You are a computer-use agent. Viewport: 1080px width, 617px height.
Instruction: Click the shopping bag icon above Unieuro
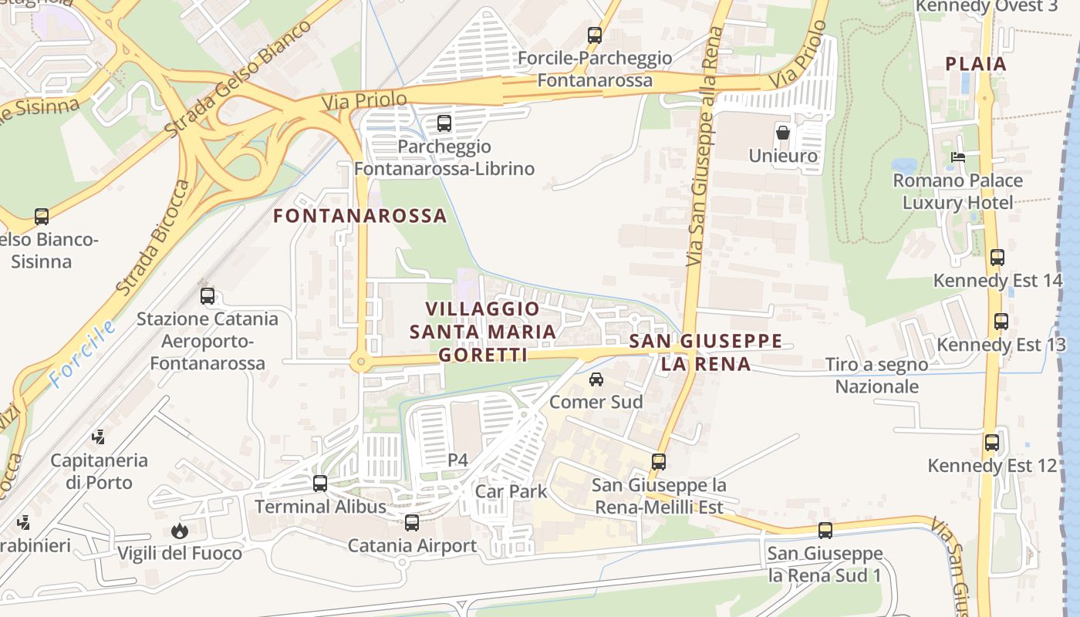pyautogui.click(x=783, y=133)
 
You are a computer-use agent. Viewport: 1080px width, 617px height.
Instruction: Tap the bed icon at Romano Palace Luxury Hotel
pyautogui.click(x=958, y=157)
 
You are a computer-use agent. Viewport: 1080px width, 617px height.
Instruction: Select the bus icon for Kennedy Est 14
pyautogui.click(x=997, y=258)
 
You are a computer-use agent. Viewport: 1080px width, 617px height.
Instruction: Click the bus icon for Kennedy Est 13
pyautogui.click(x=1001, y=322)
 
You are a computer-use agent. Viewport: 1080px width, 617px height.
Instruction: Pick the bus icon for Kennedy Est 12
pyautogui.click(x=992, y=443)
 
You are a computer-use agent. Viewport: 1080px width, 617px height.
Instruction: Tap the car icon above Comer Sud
pyautogui.click(x=596, y=379)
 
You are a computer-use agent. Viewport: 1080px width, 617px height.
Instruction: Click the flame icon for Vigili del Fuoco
pyautogui.click(x=180, y=531)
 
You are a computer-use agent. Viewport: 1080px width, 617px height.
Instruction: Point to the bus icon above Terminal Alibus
pyautogui.click(x=320, y=484)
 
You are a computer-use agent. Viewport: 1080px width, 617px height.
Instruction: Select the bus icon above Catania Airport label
pyautogui.click(x=412, y=523)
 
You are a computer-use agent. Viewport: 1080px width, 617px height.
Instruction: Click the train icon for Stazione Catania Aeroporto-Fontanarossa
pyautogui.click(x=208, y=295)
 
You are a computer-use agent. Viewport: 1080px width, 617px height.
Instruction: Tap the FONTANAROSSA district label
pyautogui.click(x=360, y=216)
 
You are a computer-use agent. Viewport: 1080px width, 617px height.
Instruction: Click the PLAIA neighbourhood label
pyautogui.click(x=977, y=64)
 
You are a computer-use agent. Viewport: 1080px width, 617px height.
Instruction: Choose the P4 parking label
pyautogui.click(x=458, y=460)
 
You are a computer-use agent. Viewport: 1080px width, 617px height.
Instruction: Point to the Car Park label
pyautogui.click(x=511, y=491)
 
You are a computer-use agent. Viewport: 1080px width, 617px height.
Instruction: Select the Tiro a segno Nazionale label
pyautogui.click(x=877, y=375)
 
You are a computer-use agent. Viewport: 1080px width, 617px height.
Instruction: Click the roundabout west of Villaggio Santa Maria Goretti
pyautogui.click(x=359, y=362)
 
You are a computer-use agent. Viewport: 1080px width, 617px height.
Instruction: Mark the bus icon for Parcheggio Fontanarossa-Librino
pyautogui.click(x=444, y=123)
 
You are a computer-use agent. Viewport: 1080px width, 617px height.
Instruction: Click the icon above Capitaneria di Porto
pyautogui.click(x=98, y=437)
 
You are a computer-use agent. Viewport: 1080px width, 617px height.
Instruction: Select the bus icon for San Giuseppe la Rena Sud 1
pyautogui.click(x=825, y=531)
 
